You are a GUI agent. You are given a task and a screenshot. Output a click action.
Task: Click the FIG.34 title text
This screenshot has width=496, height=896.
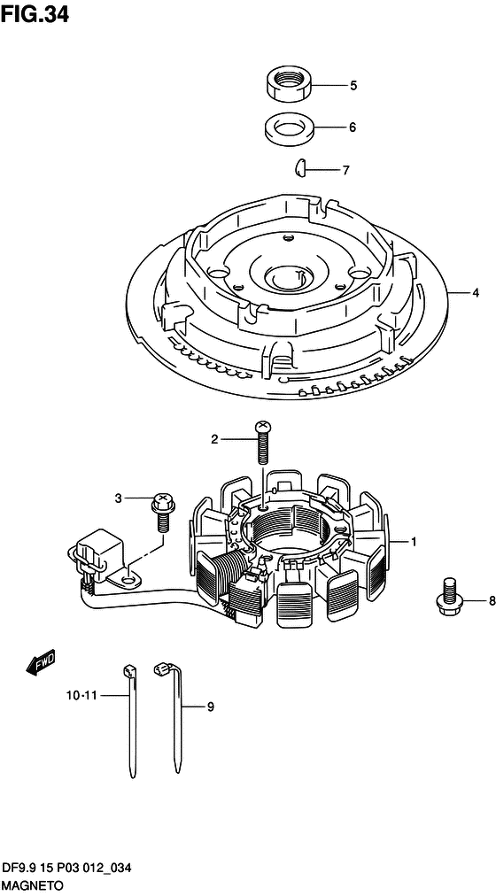pyautogui.click(x=35, y=14)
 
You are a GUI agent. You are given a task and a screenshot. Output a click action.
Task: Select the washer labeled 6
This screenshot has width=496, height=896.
pyautogui.click(x=289, y=127)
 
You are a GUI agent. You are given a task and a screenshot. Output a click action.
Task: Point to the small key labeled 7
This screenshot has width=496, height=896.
pyautogui.click(x=300, y=168)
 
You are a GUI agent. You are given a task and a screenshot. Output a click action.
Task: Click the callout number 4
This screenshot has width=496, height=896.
pyautogui.click(x=475, y=293)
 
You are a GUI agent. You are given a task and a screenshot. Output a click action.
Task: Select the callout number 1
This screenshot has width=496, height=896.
pyautogui.click(x=414, y=540)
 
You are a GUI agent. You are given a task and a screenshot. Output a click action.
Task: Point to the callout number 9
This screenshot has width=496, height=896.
pyautogui.click(x=210, y=707)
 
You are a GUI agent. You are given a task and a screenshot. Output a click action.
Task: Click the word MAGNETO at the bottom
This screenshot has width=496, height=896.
pyautogui.click(x=31, y=885)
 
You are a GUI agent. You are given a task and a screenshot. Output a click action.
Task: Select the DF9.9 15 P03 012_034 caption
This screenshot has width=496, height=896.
pyautogui.click(x=67, y=869)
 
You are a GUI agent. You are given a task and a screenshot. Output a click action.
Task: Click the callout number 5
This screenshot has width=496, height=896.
pyautogui.click(x=353, y=86)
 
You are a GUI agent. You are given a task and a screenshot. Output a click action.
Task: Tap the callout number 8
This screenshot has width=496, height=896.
pyautogui.click(x=492, y=600)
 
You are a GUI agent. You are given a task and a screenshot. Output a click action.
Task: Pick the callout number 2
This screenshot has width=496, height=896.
pyautogui.click(x=214, y=439)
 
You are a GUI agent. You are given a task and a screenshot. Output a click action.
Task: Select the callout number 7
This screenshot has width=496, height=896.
pyautogui.click(x=345, y=170)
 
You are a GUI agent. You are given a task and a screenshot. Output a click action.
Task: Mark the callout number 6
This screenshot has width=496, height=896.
pyautogui.click(x=352, y=127)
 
